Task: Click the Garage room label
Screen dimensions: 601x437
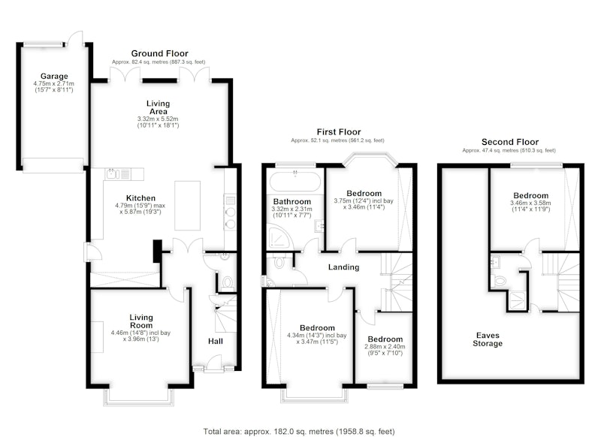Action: point(54,77)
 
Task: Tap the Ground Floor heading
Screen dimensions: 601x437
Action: point(159,53)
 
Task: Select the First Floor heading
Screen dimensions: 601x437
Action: point(339,132)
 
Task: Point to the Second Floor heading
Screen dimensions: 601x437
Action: point(510,142)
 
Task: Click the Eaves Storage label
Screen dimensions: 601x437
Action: point(487,339)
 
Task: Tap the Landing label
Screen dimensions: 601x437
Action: point(343,267)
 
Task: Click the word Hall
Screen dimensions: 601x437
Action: point(216,341)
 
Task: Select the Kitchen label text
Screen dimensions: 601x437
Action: point(140,198)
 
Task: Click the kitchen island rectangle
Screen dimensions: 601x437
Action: point(187,206)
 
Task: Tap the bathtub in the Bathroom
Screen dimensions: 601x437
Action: point(295,182)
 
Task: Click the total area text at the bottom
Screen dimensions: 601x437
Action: point(298,432)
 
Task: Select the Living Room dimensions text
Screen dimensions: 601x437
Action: point(140,336)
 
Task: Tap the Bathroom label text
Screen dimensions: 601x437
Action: point(291,201)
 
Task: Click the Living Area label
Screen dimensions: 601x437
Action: point(158,107)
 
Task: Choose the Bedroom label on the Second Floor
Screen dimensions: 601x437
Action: point(531,195)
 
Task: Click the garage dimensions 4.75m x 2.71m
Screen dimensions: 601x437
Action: point(53,83)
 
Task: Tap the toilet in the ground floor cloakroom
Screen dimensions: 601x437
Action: point(228,282)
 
